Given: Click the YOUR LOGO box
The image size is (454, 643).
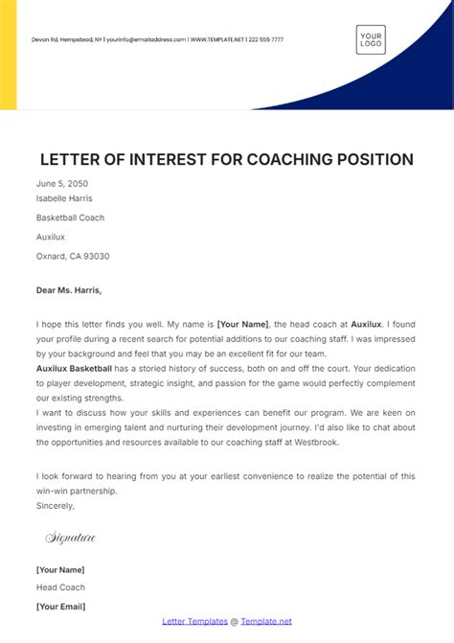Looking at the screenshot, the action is [x=371, y=38].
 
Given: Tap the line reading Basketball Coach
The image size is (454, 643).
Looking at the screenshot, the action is [x=70, y=218].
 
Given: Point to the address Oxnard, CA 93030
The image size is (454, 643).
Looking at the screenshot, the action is [x=73, y=256].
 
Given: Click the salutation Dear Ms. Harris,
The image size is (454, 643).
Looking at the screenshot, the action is [x=68, y=289].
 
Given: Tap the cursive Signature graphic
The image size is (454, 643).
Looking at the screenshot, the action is [x=70, y=538].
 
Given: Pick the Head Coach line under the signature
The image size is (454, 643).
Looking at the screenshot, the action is [x=60, y=587].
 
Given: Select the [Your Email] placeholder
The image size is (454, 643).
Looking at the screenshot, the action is [x=60, y=607].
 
